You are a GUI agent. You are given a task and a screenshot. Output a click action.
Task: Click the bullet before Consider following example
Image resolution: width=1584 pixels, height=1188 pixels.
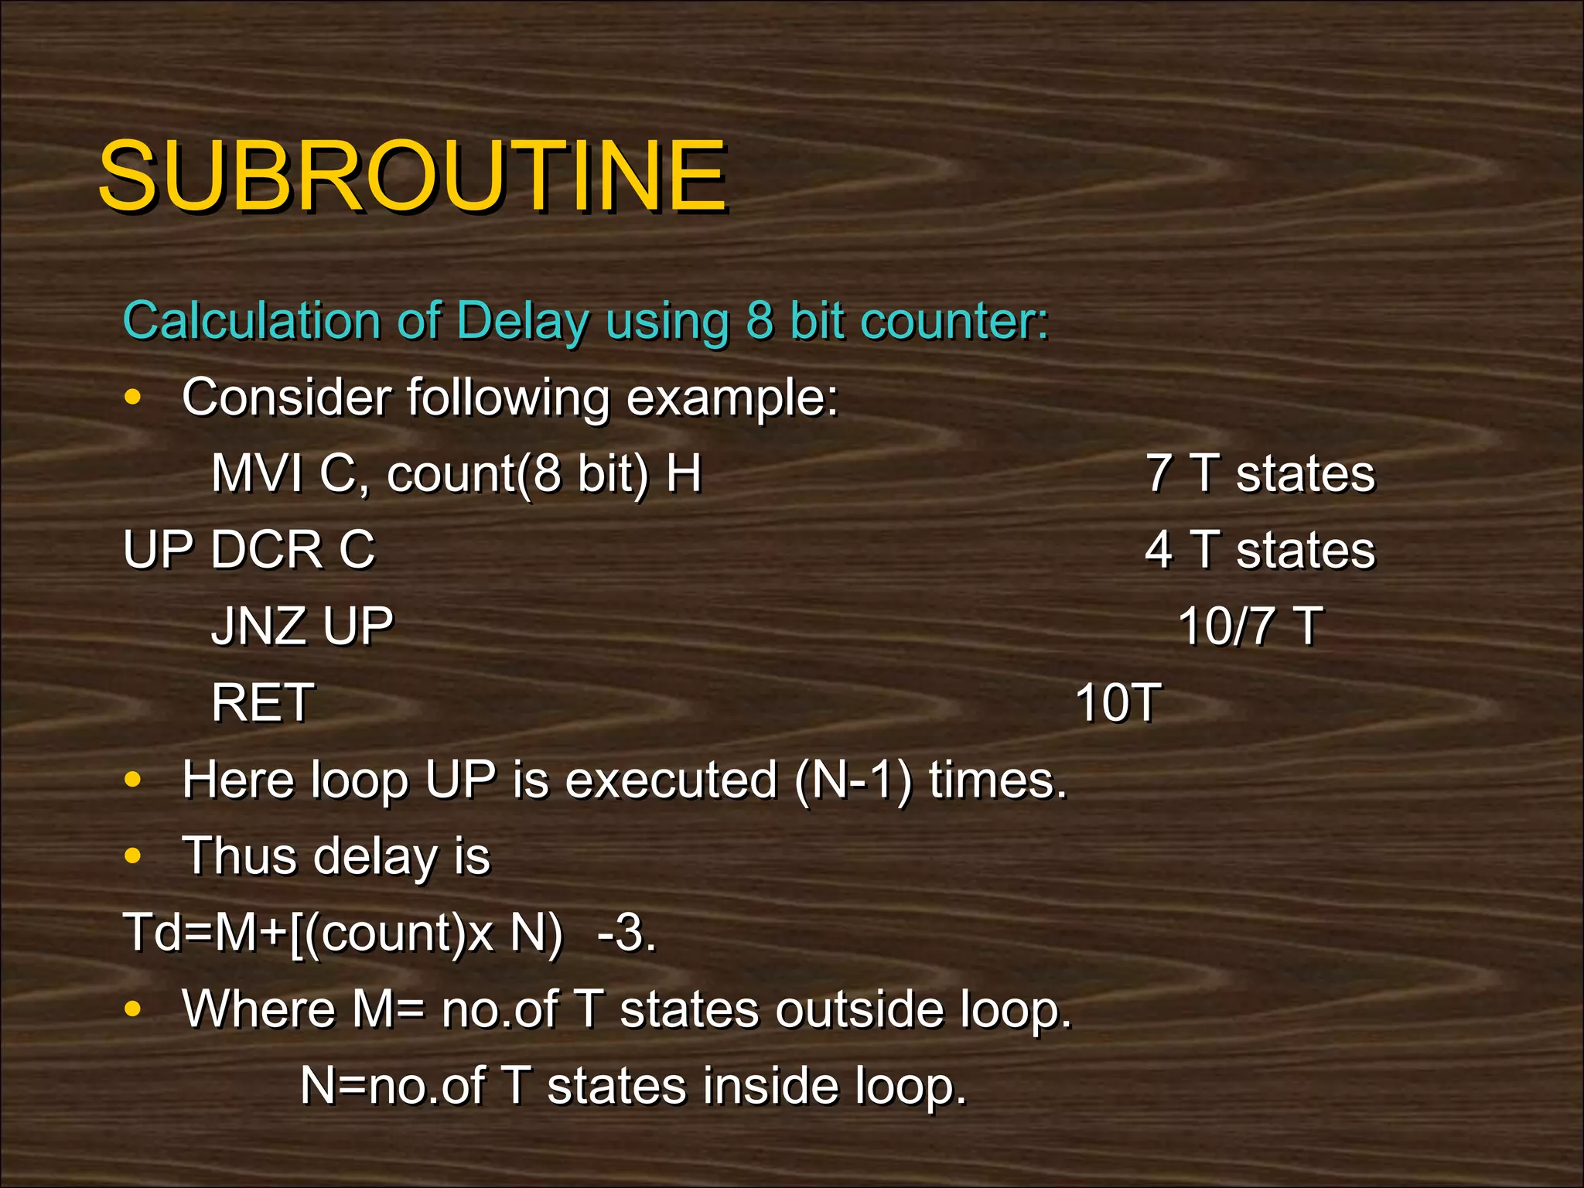[133, 398]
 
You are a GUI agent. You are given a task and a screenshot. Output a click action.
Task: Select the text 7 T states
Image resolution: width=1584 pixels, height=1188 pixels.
[1260, 473]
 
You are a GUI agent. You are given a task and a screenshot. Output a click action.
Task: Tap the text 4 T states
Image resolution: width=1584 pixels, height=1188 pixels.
[1260, 550]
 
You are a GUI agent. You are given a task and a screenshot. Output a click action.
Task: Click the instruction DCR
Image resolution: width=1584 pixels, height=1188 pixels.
[265, 550]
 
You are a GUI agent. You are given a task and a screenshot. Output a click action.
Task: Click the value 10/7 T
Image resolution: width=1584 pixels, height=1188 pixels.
[1250, 626]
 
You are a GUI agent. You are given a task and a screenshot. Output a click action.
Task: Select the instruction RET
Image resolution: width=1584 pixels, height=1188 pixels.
[262, 702]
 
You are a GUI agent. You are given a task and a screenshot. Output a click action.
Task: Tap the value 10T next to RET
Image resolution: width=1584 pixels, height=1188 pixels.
[1118, 702]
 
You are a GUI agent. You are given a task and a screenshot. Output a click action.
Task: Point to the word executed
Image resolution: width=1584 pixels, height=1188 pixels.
[671, 780]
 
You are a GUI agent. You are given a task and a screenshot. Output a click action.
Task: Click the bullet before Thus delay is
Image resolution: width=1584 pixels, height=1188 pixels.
[133, 856]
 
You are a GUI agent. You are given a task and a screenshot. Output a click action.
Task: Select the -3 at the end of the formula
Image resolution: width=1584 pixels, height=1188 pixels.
[626, 933]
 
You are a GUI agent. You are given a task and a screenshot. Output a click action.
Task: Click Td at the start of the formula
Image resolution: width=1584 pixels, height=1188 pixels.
[152, 933]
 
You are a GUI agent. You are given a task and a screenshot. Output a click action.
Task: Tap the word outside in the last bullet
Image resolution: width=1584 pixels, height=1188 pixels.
[859, 1009]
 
